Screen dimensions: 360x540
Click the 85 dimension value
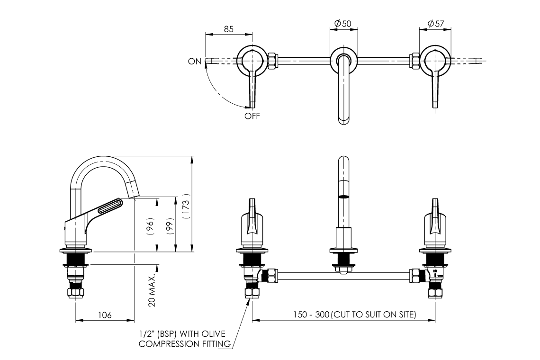point(229,29)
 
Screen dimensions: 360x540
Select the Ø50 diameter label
point(342,23)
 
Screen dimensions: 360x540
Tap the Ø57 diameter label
point(435,23)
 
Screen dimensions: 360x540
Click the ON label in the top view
point(195,61)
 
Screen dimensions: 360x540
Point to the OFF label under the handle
point(252,116)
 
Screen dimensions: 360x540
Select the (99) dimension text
point(168,224)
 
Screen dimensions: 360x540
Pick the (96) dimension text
point(150,227)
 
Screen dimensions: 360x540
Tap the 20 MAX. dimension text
point(152,289)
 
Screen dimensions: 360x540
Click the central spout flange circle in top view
point(343,59)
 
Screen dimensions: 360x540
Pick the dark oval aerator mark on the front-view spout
point(344,196)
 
